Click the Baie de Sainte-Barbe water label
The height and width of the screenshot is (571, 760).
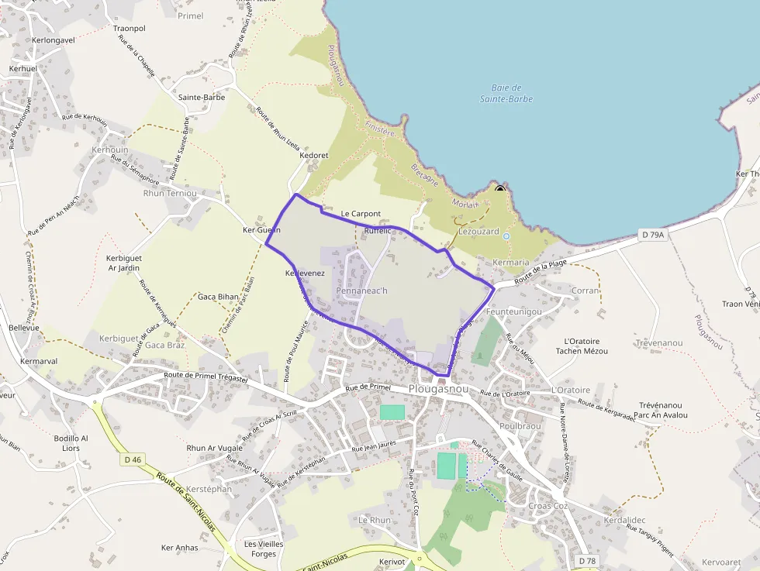[506, 93]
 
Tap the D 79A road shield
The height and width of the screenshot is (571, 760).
[654, 234]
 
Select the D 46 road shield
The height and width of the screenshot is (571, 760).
[133, 459]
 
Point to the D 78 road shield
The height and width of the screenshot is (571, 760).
[587, 560]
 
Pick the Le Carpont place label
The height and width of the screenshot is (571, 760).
[361, 214]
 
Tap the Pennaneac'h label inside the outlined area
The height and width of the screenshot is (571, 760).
[361, 291]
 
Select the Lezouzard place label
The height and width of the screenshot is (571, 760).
[478, 231]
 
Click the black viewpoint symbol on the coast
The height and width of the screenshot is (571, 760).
[500, 187]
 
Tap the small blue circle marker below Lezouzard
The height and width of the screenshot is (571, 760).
[506, 236]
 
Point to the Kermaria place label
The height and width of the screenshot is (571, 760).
[511, 263]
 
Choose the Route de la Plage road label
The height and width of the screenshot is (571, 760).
[541, 271]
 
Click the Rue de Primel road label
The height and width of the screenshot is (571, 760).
[368, 387]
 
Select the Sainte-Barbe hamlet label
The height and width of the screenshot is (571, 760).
[202, 98]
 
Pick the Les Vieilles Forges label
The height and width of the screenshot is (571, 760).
[264, 549]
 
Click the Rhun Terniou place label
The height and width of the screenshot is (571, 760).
[170, 193]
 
